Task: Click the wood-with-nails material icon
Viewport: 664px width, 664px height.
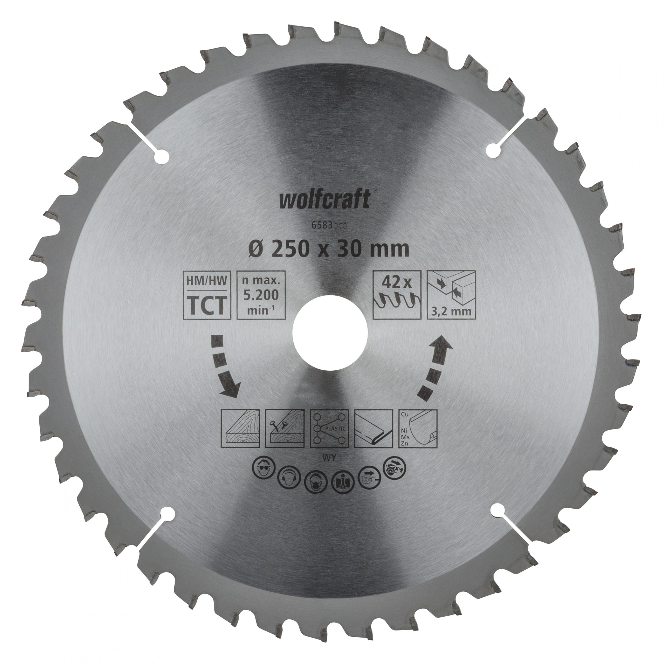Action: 285,429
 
